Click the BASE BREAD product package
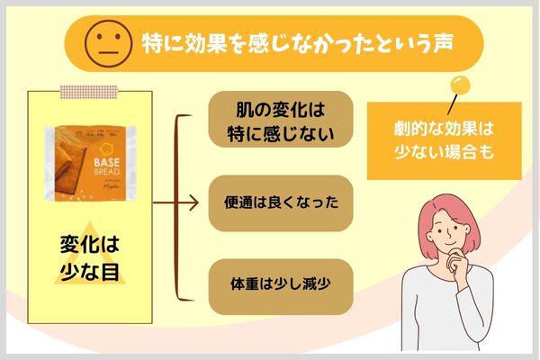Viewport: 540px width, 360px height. click(89, 163)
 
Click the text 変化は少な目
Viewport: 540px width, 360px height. click(90, 256)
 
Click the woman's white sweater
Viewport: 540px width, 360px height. click(450, 315)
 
